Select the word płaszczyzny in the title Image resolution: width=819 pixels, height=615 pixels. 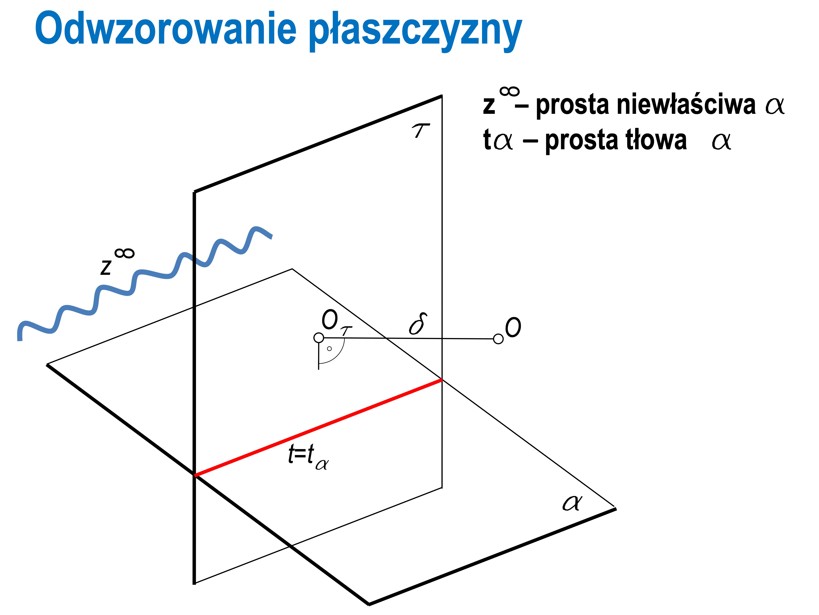tap(415, 32)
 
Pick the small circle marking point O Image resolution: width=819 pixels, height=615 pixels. tap(498, 339)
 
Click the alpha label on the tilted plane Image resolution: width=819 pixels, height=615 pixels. tap(572, 503)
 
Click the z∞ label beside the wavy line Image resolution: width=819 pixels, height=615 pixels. tap(117, 262)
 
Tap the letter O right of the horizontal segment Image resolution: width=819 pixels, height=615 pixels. tap(513, 327)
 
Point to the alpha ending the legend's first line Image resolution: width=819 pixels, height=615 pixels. tap(775, 106)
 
